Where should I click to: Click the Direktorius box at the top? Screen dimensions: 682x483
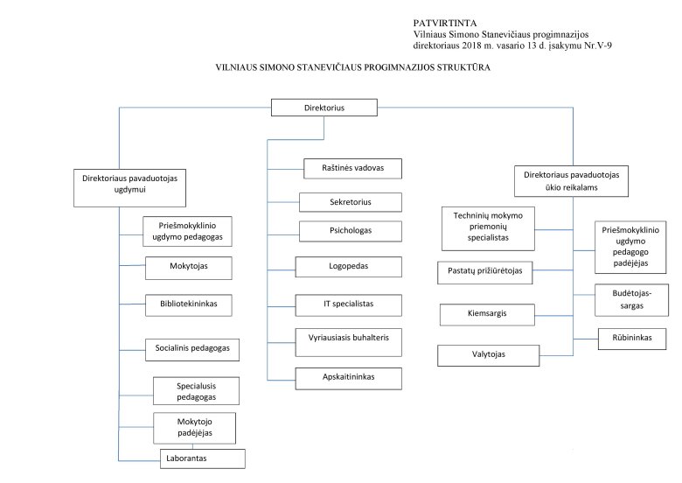click(x=324, y=108)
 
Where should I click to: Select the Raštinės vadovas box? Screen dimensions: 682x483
click(x=352, y=168)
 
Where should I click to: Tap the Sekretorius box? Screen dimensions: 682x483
click(x=351, y=202)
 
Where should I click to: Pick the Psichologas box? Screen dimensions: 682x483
click(x=351, y=231)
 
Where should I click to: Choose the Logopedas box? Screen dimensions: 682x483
click(x=348, y=267)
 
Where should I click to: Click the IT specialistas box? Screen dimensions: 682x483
click(x=348, y=305)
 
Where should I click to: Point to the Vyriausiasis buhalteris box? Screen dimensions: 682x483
click(x=348, y=342)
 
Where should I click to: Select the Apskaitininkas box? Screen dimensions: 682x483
click(x=348, y=379)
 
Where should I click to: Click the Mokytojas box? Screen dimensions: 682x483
click(x=189, y=268)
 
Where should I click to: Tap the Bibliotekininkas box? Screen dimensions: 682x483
click(x=189, y=305)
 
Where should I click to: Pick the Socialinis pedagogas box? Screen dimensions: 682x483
click(x=192, y=350)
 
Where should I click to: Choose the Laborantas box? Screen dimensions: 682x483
click(x=203, y=458)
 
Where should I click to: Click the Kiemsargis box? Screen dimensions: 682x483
click(x=487, y=315)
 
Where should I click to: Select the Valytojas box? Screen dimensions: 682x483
click(x=489, y=355)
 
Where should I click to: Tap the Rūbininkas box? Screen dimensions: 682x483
click(x=632, y=339)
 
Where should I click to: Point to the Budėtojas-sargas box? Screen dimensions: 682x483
click(x=631, y=300)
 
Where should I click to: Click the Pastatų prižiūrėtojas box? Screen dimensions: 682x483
click(x=485, y=273)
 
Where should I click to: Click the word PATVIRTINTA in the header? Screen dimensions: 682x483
click(x=445, y=23)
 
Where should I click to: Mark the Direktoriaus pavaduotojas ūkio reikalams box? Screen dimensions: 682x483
click(x=571, y=181)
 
